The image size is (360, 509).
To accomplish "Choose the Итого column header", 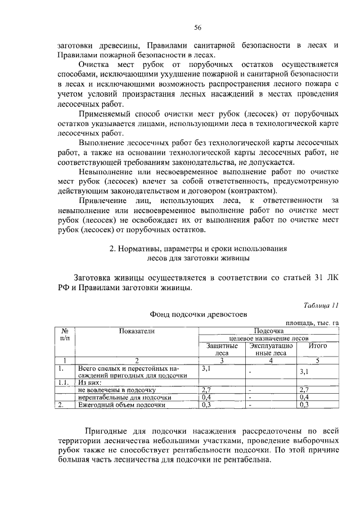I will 318,346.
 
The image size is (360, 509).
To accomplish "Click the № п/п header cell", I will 65,335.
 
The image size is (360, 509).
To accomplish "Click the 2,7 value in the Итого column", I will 305,389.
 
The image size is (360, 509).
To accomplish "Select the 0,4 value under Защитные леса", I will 206,397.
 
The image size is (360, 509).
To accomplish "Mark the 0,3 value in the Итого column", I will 305,404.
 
